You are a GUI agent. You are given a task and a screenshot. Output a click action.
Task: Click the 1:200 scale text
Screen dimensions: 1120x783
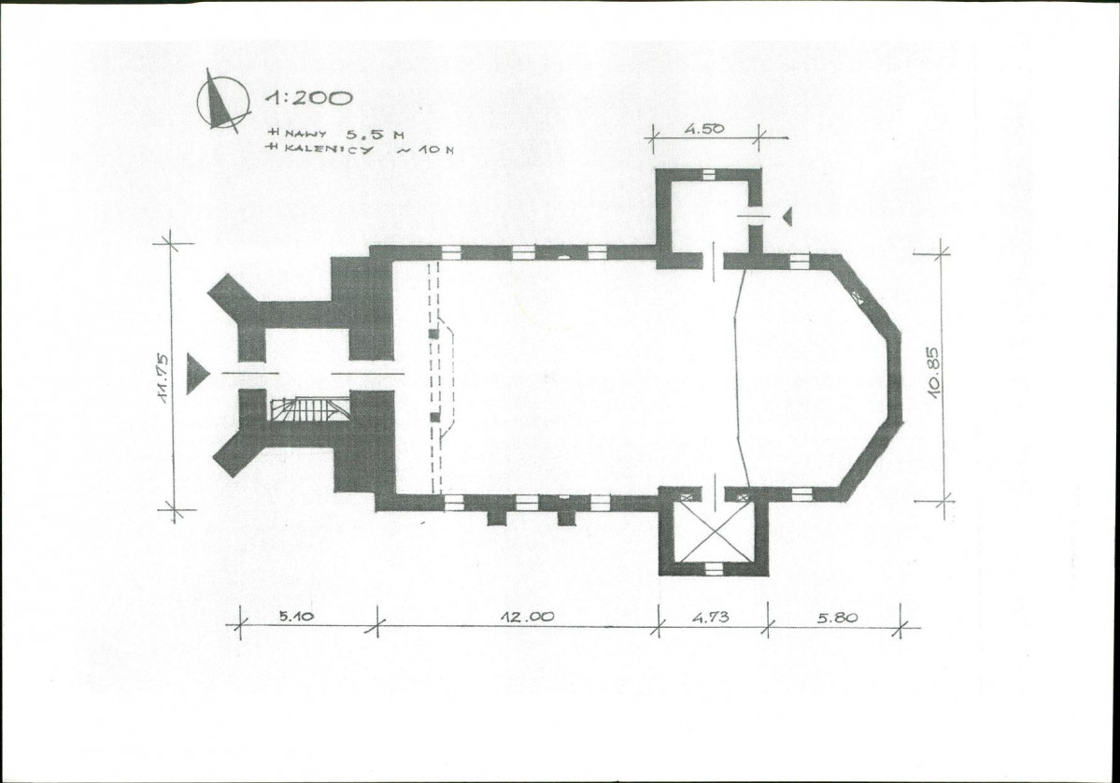coord(308,98)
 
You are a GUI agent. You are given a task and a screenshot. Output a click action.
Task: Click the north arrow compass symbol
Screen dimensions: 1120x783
coord(222,102)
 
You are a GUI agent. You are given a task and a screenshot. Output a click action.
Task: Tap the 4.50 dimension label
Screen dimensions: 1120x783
coord(704,129)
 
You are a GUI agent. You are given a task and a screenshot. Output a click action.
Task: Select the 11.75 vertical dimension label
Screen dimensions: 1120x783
coord(163,378)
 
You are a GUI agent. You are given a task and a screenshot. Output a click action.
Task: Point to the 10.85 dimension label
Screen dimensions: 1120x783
coord(934,372)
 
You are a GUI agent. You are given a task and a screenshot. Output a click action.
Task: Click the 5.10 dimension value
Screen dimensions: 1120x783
coord(296,615)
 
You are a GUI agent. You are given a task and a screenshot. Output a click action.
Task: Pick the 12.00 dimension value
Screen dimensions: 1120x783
coord(527,617)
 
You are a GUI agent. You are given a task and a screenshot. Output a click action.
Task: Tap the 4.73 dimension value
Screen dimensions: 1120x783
coord(711,617)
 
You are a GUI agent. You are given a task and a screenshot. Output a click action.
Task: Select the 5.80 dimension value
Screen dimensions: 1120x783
coord(837,617)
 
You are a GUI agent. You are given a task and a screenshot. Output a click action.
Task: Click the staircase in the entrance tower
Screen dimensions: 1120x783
coord(310,408)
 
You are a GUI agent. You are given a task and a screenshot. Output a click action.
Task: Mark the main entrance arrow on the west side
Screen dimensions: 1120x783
coord(197,373)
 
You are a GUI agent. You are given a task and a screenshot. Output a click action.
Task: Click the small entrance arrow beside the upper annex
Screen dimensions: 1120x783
coord(787,216)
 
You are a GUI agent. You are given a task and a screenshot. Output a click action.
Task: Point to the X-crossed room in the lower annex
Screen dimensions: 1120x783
coord(713,531)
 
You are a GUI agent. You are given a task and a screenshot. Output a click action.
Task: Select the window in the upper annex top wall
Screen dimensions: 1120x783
coord(709,174)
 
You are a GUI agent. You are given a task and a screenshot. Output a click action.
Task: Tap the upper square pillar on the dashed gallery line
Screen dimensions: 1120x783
coord(433,334)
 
